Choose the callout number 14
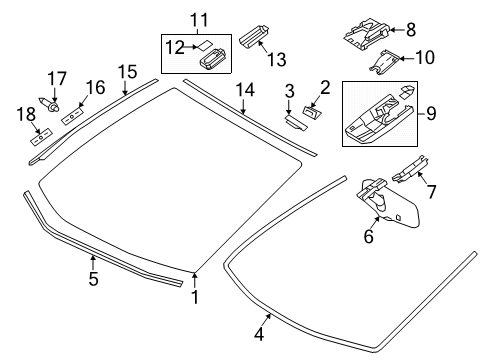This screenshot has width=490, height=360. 245,91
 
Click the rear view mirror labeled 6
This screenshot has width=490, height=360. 385,213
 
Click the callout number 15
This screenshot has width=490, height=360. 126,71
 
